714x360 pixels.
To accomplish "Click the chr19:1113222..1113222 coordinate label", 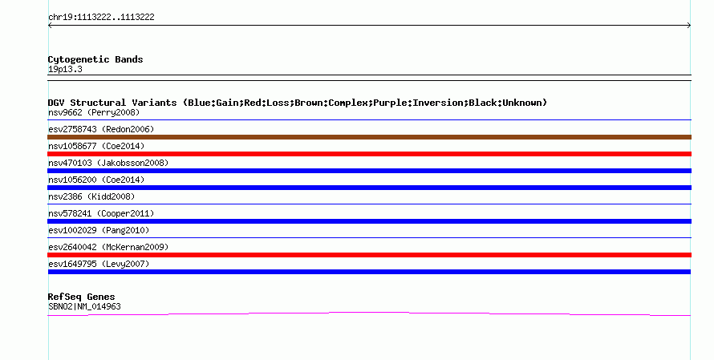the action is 101,18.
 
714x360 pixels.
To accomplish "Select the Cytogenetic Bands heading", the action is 95,59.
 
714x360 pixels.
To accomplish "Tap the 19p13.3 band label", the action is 65,70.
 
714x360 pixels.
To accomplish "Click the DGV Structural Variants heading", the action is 298,103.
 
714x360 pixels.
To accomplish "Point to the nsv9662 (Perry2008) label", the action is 94,112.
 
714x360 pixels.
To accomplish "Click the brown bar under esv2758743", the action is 369,137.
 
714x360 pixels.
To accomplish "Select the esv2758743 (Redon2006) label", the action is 101,129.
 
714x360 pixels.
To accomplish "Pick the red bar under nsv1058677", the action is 369,154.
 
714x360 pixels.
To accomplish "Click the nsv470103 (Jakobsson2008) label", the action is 108,163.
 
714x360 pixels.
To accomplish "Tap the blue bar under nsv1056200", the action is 369,188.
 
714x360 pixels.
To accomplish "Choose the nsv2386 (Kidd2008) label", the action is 91,196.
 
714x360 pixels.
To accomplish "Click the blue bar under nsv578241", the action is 369,221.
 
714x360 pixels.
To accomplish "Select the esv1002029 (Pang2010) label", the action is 99,230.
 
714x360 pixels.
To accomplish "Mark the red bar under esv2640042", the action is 369,255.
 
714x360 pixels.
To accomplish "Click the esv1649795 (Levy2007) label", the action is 99,264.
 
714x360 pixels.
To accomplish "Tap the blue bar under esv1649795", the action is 369,272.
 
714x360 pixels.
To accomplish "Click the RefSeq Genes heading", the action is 81,297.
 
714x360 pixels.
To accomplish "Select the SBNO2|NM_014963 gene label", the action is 84,307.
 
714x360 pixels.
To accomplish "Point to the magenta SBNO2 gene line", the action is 369,313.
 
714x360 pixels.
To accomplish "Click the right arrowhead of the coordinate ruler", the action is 690,26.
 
